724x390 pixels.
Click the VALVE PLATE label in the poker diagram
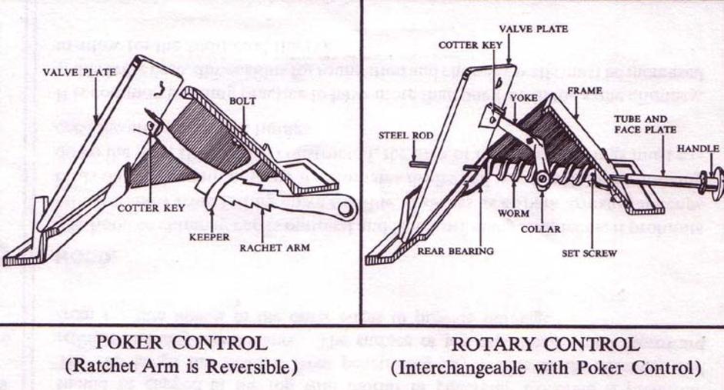(79, 72)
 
